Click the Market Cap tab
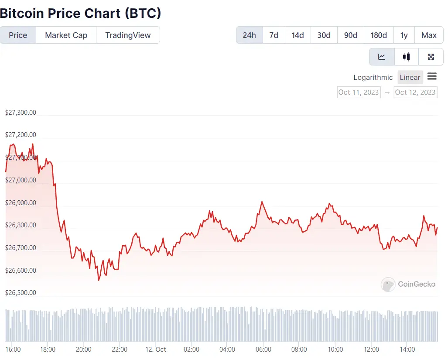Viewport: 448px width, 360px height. coord(66,35)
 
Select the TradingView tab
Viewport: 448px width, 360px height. coord(128,35)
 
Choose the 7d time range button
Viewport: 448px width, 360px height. coord(274,35)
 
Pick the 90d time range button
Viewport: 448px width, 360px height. coord(351,35)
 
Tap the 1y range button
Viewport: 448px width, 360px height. coord(404,35)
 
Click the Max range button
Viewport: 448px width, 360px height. coord(429,35)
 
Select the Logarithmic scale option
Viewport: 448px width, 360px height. coord(373,77)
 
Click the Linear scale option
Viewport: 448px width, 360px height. coord(410,77)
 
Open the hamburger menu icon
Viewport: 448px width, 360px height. coord(432,77)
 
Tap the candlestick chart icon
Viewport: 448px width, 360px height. coord(407,57)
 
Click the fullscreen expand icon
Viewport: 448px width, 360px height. coord(431,57)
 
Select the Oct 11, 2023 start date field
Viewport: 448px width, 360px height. coord(359,92)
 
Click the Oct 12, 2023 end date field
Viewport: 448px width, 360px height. coord(415,92)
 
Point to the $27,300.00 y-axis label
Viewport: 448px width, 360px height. coord(21,113)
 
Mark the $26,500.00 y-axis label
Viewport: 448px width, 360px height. coord(21,293)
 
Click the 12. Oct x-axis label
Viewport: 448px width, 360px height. coord(155,350)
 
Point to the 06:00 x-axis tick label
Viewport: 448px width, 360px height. coord(263,350)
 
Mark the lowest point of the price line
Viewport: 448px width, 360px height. coord(99,280)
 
